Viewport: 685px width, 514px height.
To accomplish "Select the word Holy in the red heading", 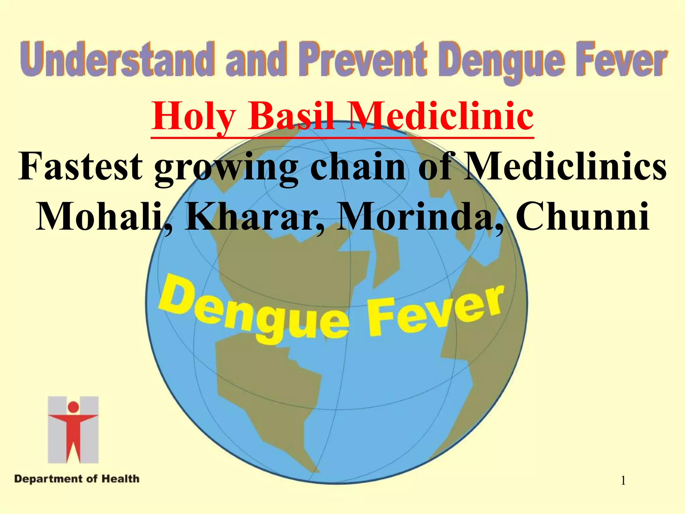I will pos(193,116).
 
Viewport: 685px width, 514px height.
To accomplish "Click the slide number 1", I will pos(623,481).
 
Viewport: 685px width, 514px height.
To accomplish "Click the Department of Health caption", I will pos(77,479).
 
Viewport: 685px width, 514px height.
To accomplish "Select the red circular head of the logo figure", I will pos(73,407).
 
